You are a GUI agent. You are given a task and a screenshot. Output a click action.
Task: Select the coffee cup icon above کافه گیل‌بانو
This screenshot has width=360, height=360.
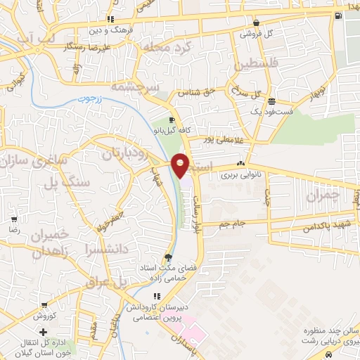(172, 120)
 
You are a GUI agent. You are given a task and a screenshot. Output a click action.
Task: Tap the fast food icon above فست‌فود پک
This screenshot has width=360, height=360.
(272, 101)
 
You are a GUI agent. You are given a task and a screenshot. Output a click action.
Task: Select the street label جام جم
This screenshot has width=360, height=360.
(234, 223)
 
